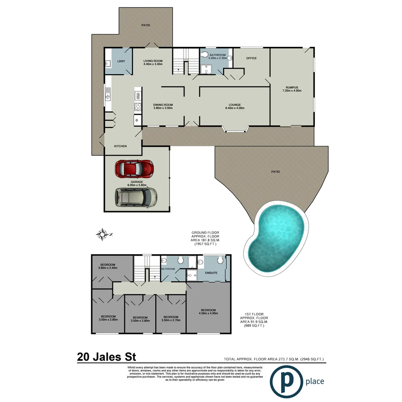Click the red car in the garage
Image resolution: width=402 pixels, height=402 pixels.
pyautogui.click(x=134, y=169)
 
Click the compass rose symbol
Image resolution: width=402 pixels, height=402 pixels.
pyautogui.click(x=103, y=234)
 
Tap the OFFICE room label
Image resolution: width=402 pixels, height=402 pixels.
pyautogui.click(x=251, y=58)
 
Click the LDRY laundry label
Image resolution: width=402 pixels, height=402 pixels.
pyautogui.click(x=121, y=61)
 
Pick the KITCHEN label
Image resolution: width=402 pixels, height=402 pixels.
pyautogui.click(x=120, y=146)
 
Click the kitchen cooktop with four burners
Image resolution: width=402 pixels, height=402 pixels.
pyautogui.click(x=137, y=107)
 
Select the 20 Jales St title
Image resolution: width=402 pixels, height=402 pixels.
pyautogui.click(x=106, y=357)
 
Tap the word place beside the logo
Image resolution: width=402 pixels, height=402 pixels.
pyautogui.click(x=315, y=381)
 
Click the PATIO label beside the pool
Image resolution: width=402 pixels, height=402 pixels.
pyautogui.click(x=275, y=172)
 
